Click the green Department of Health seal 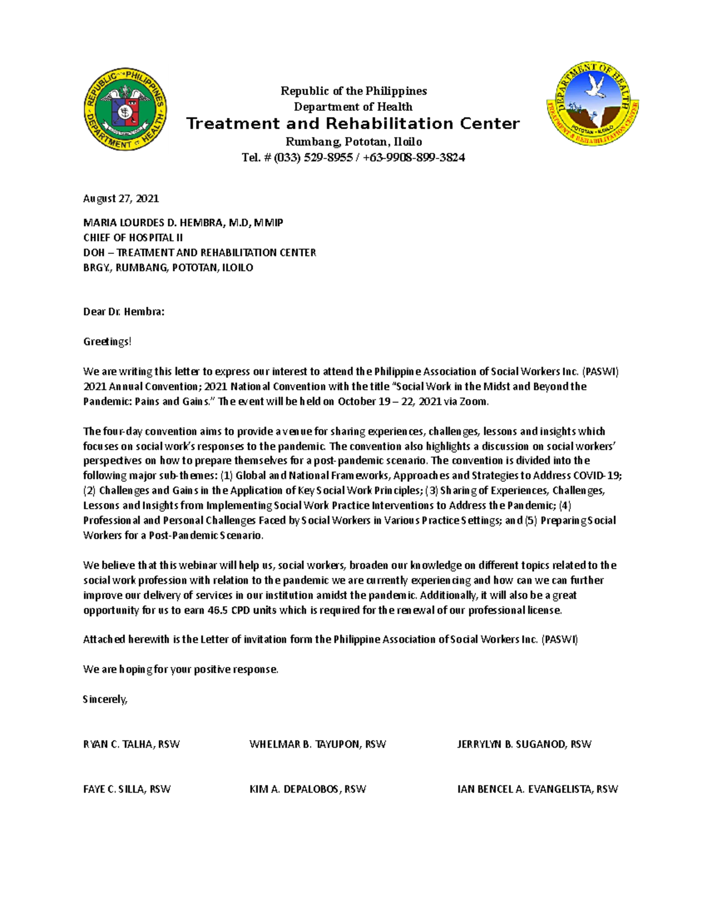click(x=125, y=108)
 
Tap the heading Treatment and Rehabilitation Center click(x=353, y=124)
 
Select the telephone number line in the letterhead click(x=353, y=157)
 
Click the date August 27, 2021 click(x=121, y=199)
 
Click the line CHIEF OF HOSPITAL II click(x=133, y=237)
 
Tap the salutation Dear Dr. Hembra click(x=124, y=312)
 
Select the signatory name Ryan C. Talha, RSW click(x=131, y=744)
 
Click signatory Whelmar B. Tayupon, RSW click(x=318, y=744)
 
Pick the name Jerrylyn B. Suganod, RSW click(x=524, y=744)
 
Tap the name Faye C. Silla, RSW click(x=127, y=789)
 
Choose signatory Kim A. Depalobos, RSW click(x=308, y=789)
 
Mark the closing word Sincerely click(x=105, y=699)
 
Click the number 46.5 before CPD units click(x=218, y=610)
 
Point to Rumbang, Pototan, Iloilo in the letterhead click(x=353, y=141)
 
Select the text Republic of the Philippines click(x=353, y=91)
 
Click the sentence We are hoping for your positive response click(x=180, y=669)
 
